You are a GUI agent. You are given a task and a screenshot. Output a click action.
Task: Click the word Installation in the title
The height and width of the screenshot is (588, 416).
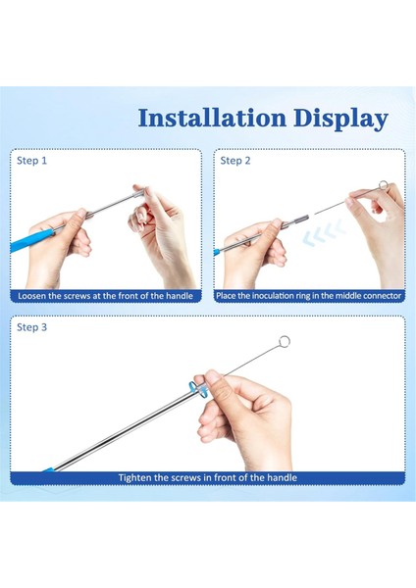[213, 119]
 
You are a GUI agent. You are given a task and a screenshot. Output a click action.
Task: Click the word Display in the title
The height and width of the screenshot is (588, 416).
[340, 120]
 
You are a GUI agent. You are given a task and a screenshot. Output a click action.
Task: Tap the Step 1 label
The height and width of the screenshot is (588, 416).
[32, 161]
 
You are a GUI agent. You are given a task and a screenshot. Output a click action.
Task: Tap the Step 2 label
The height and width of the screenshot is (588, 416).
[235, 161]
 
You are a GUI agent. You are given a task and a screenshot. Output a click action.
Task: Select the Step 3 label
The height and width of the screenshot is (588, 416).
[32, 327]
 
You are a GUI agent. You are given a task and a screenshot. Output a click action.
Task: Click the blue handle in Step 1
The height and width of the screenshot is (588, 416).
[32, 240]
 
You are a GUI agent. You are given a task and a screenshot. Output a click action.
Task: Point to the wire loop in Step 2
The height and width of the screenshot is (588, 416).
[383, 185]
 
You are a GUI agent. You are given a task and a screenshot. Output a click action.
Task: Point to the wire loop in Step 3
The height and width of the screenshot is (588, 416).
[285, 341]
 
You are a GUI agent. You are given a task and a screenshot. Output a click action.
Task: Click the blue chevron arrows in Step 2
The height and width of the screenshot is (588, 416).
[324, 232]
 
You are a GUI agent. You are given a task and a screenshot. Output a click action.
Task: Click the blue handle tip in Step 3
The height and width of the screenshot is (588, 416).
[48, 469]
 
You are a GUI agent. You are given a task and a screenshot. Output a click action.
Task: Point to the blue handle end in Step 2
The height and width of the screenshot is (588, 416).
[217, 252]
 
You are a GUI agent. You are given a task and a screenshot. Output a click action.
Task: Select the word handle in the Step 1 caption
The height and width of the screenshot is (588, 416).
[180, 296]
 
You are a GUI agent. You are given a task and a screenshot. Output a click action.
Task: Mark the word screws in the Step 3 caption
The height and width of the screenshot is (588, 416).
[184, 478]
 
